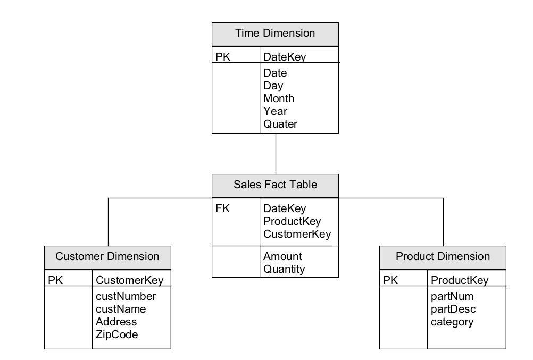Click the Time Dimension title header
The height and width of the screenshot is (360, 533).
(275, 34)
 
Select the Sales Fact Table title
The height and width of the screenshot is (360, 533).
(275, 185)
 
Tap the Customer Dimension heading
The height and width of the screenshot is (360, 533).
(107, 257)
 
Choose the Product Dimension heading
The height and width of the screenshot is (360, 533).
(443, 257)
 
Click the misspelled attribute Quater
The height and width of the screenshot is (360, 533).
(280, 124)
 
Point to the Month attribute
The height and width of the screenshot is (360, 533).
(279, 98)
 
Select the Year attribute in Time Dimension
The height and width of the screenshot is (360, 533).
(275, 111)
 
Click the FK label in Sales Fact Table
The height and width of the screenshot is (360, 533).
(223, 209)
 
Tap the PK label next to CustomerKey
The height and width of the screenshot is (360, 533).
(55, 280)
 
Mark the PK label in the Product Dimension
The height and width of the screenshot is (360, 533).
(390, 280)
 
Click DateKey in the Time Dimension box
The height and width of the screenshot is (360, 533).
(285, 56)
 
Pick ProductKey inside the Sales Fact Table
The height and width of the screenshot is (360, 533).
(292, 221)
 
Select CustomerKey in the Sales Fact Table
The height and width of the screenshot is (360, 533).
(297, 234)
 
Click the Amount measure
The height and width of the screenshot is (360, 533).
(282, 256)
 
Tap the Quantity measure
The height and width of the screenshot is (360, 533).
(284, 269)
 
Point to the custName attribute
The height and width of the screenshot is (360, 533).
(121, 309)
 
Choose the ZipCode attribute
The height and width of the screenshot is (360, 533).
(117, 334)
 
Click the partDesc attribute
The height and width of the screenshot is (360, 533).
(453, 309)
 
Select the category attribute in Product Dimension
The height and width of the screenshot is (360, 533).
(452, 322)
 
